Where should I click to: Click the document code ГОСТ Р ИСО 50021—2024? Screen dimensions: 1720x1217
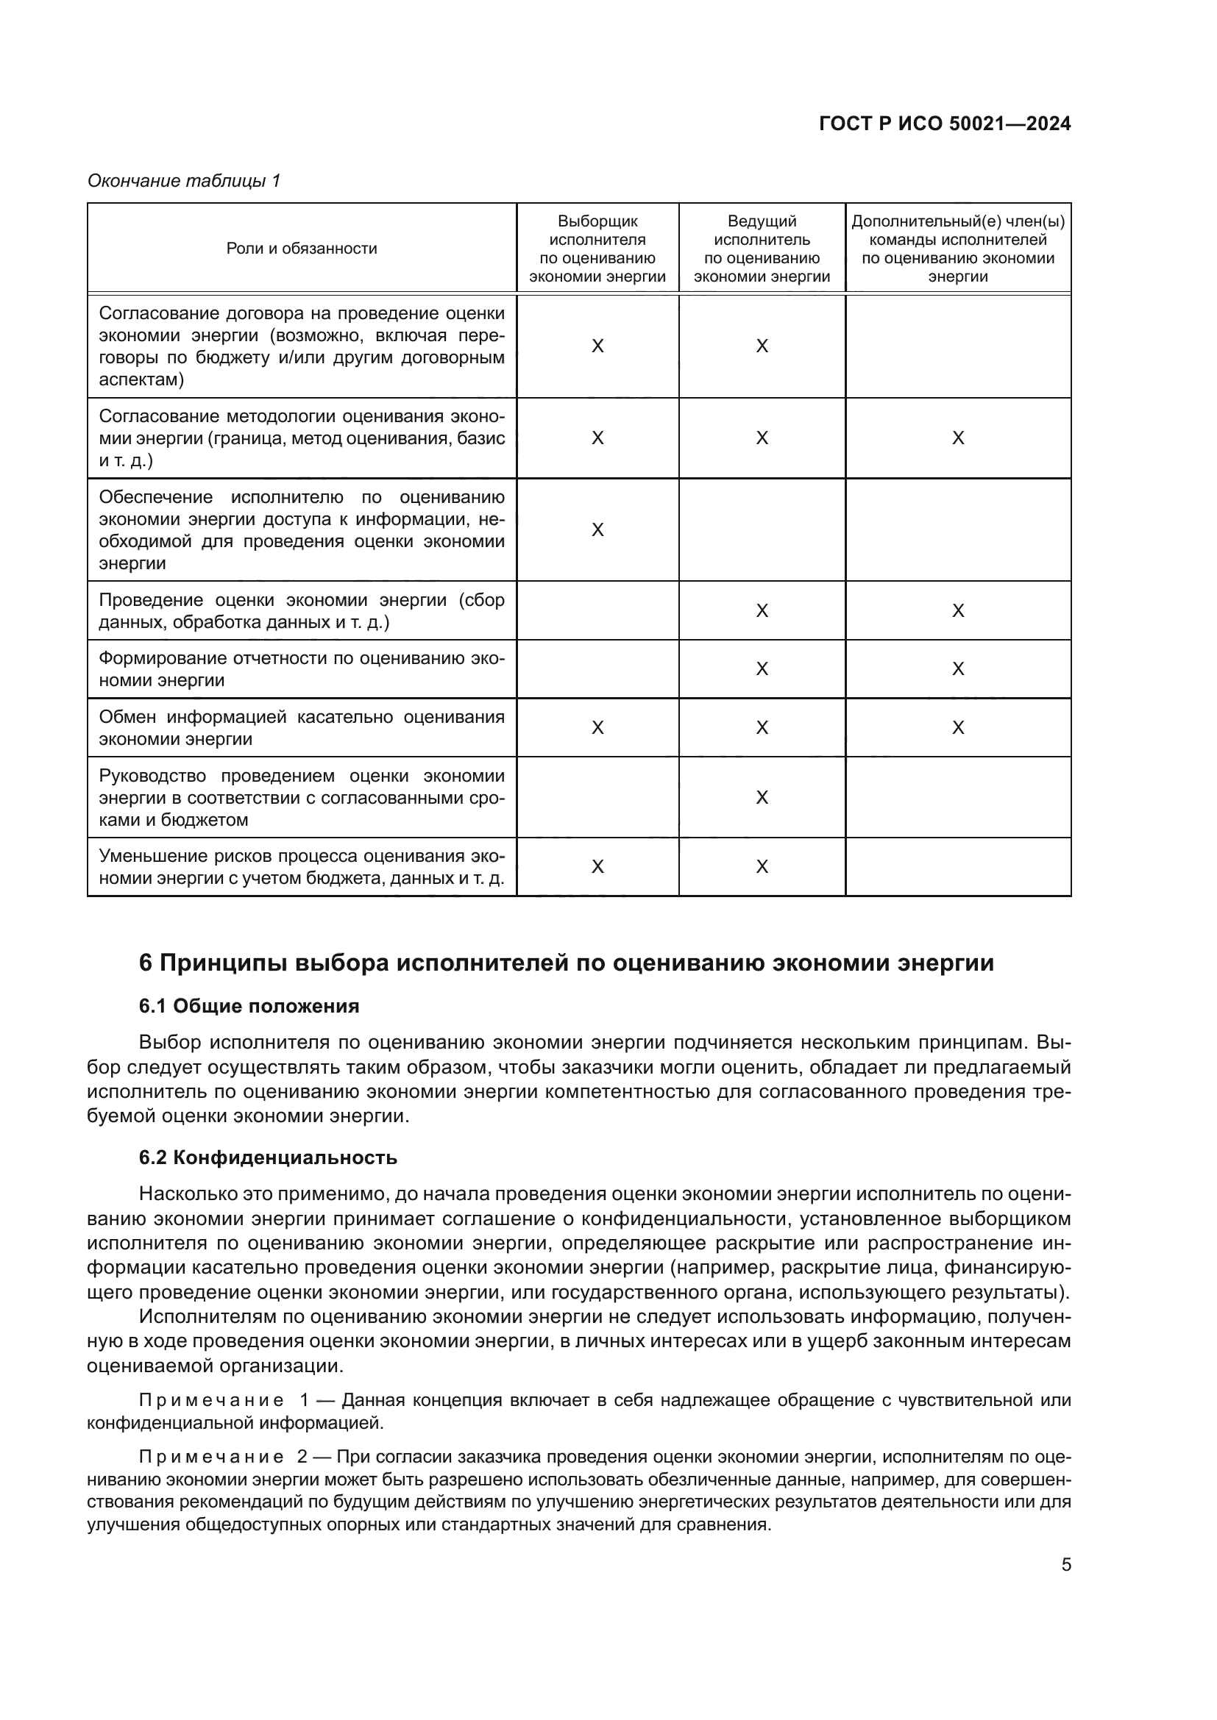coord(945,124)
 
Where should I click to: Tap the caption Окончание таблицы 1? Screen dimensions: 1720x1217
coord(184,182)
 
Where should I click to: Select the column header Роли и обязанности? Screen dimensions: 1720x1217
coord(301,249)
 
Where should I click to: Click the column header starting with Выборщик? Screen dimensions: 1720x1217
coord(597,249)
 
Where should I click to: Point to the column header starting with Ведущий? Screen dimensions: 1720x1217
coord(762,249)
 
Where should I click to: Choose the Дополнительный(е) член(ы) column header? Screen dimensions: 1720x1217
coord(958,249)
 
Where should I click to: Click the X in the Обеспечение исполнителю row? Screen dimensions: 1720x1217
coord(597,530)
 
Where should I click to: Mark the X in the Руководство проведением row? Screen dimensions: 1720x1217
coord(762,797)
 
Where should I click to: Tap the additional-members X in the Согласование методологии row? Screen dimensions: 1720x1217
coord(958,438)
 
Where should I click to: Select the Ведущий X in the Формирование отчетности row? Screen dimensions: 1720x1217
coord(762,669)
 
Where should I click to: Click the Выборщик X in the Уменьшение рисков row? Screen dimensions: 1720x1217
coord(597,867)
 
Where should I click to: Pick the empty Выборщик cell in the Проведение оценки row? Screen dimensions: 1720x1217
coord(597,610)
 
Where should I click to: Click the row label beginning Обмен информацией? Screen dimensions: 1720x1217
coord(301,728)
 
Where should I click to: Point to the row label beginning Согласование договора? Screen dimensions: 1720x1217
coord(301,346)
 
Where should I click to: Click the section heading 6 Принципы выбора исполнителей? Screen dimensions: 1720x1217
coord(567,963)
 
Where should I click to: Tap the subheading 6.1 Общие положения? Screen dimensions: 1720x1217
coord(249,1006)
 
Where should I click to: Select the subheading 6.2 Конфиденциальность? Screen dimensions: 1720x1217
coord(268,1158)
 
